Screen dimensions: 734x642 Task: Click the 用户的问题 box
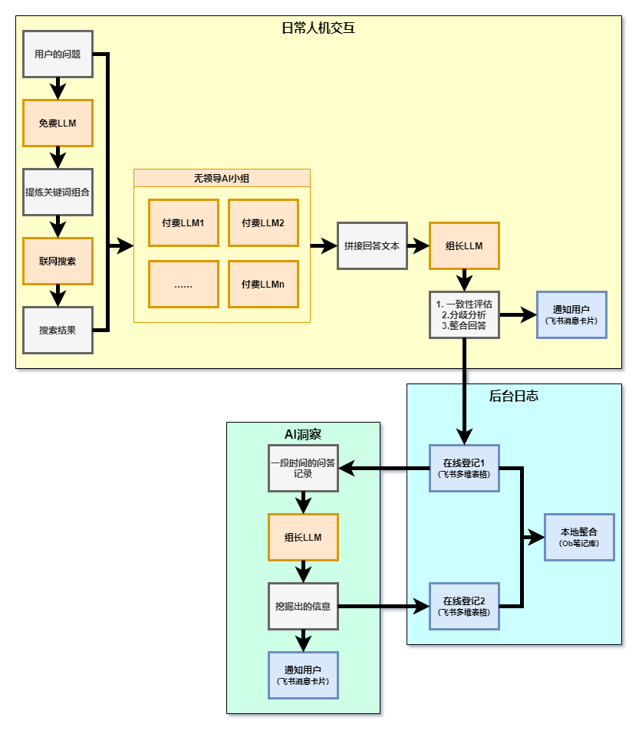point(58,54)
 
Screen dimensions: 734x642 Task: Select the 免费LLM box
point(58,123)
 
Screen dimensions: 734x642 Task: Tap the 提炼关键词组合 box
point(58,192)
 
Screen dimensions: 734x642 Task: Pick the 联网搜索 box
point(58,261)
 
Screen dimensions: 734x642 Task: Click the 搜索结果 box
point(58,330)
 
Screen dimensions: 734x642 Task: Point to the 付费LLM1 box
point(183,223)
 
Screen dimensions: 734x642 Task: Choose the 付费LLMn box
point(263,284)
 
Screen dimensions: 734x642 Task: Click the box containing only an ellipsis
point(183,284)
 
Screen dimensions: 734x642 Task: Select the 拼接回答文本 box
point(372,246)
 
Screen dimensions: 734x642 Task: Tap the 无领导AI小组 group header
point(222,178)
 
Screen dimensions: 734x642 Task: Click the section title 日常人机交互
point(318,29)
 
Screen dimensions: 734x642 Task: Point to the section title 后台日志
point(514,397)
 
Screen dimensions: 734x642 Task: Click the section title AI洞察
point(303,435)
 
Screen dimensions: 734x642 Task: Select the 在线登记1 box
point(464,468)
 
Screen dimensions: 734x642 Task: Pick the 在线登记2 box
point(464,606)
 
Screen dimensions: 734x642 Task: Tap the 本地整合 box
point(579,537)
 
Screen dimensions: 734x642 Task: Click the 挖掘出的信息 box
point(303,606)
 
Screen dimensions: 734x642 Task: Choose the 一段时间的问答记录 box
point(303,468)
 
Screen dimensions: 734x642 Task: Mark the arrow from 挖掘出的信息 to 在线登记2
point(384,606)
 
